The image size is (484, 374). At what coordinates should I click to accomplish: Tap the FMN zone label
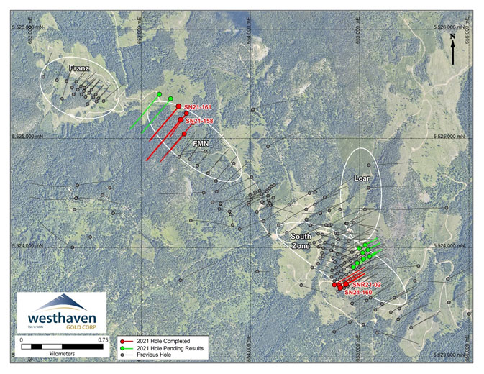[x=201, y=144]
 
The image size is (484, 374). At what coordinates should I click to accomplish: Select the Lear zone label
[x=361, y=177]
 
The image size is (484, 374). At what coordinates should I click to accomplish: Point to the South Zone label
[x=300, y=240]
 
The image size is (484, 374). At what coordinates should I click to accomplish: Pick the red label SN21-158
[x=200, y=121]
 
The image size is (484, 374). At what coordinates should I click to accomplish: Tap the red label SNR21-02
[x=367, y=285]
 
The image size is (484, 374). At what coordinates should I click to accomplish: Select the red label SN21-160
[x=358, y=293]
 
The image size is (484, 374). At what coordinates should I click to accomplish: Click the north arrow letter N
[x=452, y=36]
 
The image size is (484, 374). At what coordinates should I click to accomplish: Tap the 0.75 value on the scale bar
[x=102, y=340]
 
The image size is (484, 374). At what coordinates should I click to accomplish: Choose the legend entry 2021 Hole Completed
[x=163, y=340]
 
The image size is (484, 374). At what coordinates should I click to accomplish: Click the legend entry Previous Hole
[x=155, y=355]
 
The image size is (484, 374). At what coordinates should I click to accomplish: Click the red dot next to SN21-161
[x=178, y=106]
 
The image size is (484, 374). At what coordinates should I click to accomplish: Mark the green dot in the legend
[x=124, y=348]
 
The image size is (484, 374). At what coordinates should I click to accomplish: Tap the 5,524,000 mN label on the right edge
[x=453, y=246]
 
